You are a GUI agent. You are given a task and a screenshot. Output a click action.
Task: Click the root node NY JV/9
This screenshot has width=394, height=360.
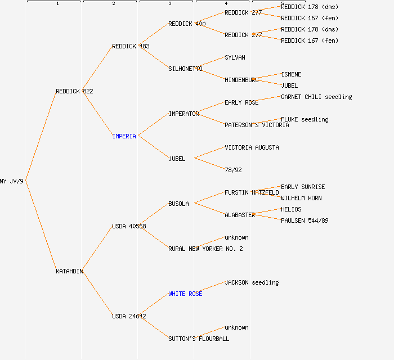12,181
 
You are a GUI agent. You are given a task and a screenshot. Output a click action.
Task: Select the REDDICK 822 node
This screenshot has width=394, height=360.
74,91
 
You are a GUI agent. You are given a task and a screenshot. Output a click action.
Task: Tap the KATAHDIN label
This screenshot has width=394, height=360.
69,271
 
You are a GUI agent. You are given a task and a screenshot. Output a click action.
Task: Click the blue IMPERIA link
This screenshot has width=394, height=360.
124,136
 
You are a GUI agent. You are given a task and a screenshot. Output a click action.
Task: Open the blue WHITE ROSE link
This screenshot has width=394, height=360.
185,294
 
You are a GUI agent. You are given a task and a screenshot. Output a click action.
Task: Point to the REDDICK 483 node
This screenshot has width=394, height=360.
131,46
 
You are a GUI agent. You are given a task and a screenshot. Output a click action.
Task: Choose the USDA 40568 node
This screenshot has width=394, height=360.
129,226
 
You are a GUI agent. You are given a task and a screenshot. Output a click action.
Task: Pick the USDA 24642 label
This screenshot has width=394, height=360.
129,316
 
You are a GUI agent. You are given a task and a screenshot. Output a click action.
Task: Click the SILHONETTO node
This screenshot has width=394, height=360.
185,69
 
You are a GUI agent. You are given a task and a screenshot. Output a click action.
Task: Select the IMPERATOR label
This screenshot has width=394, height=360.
183,114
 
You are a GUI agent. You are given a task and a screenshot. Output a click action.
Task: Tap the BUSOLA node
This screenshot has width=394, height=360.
178,204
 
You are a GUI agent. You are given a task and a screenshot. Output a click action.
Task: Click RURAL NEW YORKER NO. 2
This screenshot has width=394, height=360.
205,249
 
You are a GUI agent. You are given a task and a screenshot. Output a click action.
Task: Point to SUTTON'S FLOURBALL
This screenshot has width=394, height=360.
199,339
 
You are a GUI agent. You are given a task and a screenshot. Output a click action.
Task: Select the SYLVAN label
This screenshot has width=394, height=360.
235,57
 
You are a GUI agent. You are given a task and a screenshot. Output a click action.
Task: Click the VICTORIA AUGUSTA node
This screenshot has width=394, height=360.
252,147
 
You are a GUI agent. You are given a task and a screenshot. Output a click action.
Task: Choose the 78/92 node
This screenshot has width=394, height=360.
233,170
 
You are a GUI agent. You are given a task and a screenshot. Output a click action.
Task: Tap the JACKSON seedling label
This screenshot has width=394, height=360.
252,282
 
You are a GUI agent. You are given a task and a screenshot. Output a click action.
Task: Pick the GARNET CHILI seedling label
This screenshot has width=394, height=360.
316,97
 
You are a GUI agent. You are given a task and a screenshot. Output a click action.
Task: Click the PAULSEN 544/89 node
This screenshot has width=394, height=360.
305,220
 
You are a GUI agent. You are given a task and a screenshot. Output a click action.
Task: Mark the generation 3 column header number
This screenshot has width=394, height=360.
169,4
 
